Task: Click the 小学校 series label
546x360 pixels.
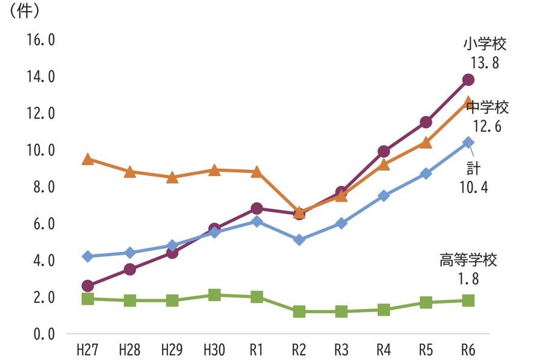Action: pyautogui.click(x=484, y=44)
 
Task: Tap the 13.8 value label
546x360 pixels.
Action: pyautogui.click(x=484, y=63)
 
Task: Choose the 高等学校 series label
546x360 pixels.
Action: pyautogui.click(x=468, y=260)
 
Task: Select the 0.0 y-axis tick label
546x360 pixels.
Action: pyautogui.click(x=41, y=334)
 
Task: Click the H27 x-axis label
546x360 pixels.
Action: pyautogui.click(x=87, y=350)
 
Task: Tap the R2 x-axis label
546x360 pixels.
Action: pyautogui.click(x=298, y=350)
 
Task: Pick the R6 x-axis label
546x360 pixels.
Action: pyautogui.click(x=468, y=350)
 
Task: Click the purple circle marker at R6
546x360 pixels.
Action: pyautogui.click(x=468, y=80)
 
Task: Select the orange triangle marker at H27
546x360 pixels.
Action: pyautogui.click(x=87, y=159)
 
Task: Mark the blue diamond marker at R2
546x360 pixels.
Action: pyautogui.click(x=298, y=240)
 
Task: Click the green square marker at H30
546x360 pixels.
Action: pyautogui.click(x=214, y=295)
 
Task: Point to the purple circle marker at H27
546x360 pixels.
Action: pyautogui.click(x=87, y=286)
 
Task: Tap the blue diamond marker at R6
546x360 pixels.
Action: pyautogui.click(x=468, y=143)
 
